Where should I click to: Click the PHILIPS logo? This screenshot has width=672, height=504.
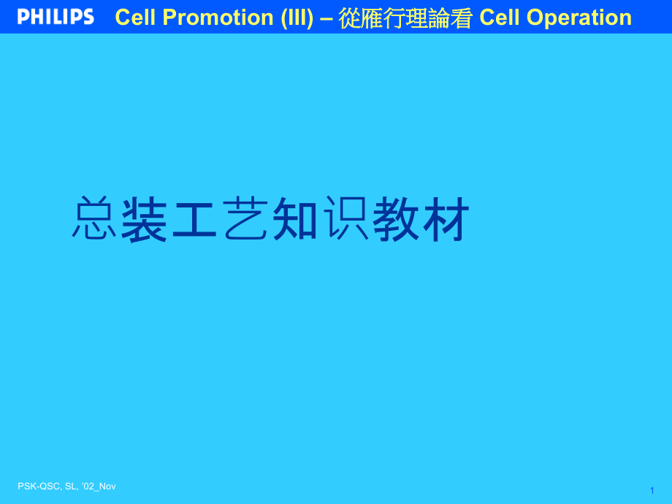(56, 17)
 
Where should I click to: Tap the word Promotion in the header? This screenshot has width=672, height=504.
(218, 18)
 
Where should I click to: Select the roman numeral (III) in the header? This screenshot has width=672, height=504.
(297, 18)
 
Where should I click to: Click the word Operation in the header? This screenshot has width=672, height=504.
(579, 18)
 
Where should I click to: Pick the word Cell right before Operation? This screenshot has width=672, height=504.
(500, 18)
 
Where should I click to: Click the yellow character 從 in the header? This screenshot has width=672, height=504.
(349, 18)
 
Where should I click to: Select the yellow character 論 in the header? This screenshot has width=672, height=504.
(438, 18)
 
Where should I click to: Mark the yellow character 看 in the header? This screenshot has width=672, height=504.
(461, 18)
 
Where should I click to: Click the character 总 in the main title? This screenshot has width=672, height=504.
(93, 218)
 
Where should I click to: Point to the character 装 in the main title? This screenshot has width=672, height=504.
(144, 219)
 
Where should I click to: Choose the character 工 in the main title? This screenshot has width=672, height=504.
(194, 219)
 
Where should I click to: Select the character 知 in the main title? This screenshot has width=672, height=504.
(294, 219)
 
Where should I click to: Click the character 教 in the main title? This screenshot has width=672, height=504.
(394, 219)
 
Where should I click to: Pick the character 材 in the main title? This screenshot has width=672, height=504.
(446, 219)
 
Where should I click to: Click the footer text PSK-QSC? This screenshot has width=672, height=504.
(39, 486)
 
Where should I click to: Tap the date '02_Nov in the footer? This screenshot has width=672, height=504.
(99, 486)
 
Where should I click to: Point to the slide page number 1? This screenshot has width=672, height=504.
(652, 491)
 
